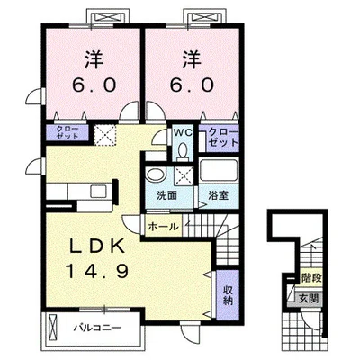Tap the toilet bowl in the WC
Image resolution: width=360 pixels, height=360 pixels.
point(182,149)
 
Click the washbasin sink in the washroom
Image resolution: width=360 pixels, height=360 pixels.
point(156,175)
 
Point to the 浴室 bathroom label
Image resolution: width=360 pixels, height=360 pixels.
point(219,195)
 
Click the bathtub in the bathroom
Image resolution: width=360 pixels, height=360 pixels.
point(219,170)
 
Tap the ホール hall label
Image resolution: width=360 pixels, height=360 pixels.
point(163,227)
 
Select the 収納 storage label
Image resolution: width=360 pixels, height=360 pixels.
point(228,295)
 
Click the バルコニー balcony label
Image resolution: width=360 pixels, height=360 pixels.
point(97,327)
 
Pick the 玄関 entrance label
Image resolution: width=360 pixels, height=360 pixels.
point(309,299)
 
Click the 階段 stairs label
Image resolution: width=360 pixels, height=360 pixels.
point(311,278)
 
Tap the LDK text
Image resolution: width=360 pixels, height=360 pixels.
point(97,247)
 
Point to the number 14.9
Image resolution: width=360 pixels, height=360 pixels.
point(97,271)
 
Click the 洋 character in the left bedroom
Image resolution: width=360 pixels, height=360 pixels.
point(94,59)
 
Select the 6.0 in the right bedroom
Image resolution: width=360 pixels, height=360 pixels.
point(192,85)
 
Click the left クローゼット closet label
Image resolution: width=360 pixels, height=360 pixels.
point(67,132)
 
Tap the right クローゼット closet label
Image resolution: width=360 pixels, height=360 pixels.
point(223,137)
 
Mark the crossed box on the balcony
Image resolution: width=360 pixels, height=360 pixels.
point(53,327)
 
